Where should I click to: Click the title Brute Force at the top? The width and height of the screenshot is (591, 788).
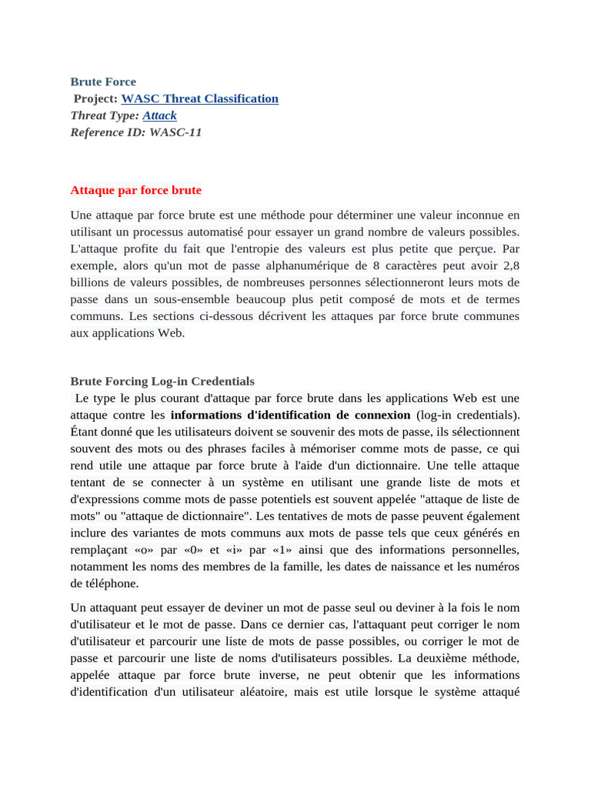pos(103,82)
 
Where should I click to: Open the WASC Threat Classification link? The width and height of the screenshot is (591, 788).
pos(200,98)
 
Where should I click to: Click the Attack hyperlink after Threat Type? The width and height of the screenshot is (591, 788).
pos(159,115)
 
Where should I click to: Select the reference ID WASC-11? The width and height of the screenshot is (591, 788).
pos(175,132)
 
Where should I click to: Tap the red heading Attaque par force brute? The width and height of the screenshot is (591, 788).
pos(135,190)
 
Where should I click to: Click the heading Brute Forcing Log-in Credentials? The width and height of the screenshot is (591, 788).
pos(162,381)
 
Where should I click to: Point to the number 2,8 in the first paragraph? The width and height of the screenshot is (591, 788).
pos(510,265)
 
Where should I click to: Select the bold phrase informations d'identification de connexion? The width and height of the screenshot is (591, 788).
pos(290,415)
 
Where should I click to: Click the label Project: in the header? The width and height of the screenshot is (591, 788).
pos(95,98)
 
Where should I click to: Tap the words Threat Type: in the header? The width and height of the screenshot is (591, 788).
pos(105,115)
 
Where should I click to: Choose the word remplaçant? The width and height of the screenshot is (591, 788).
pos(99,550)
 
